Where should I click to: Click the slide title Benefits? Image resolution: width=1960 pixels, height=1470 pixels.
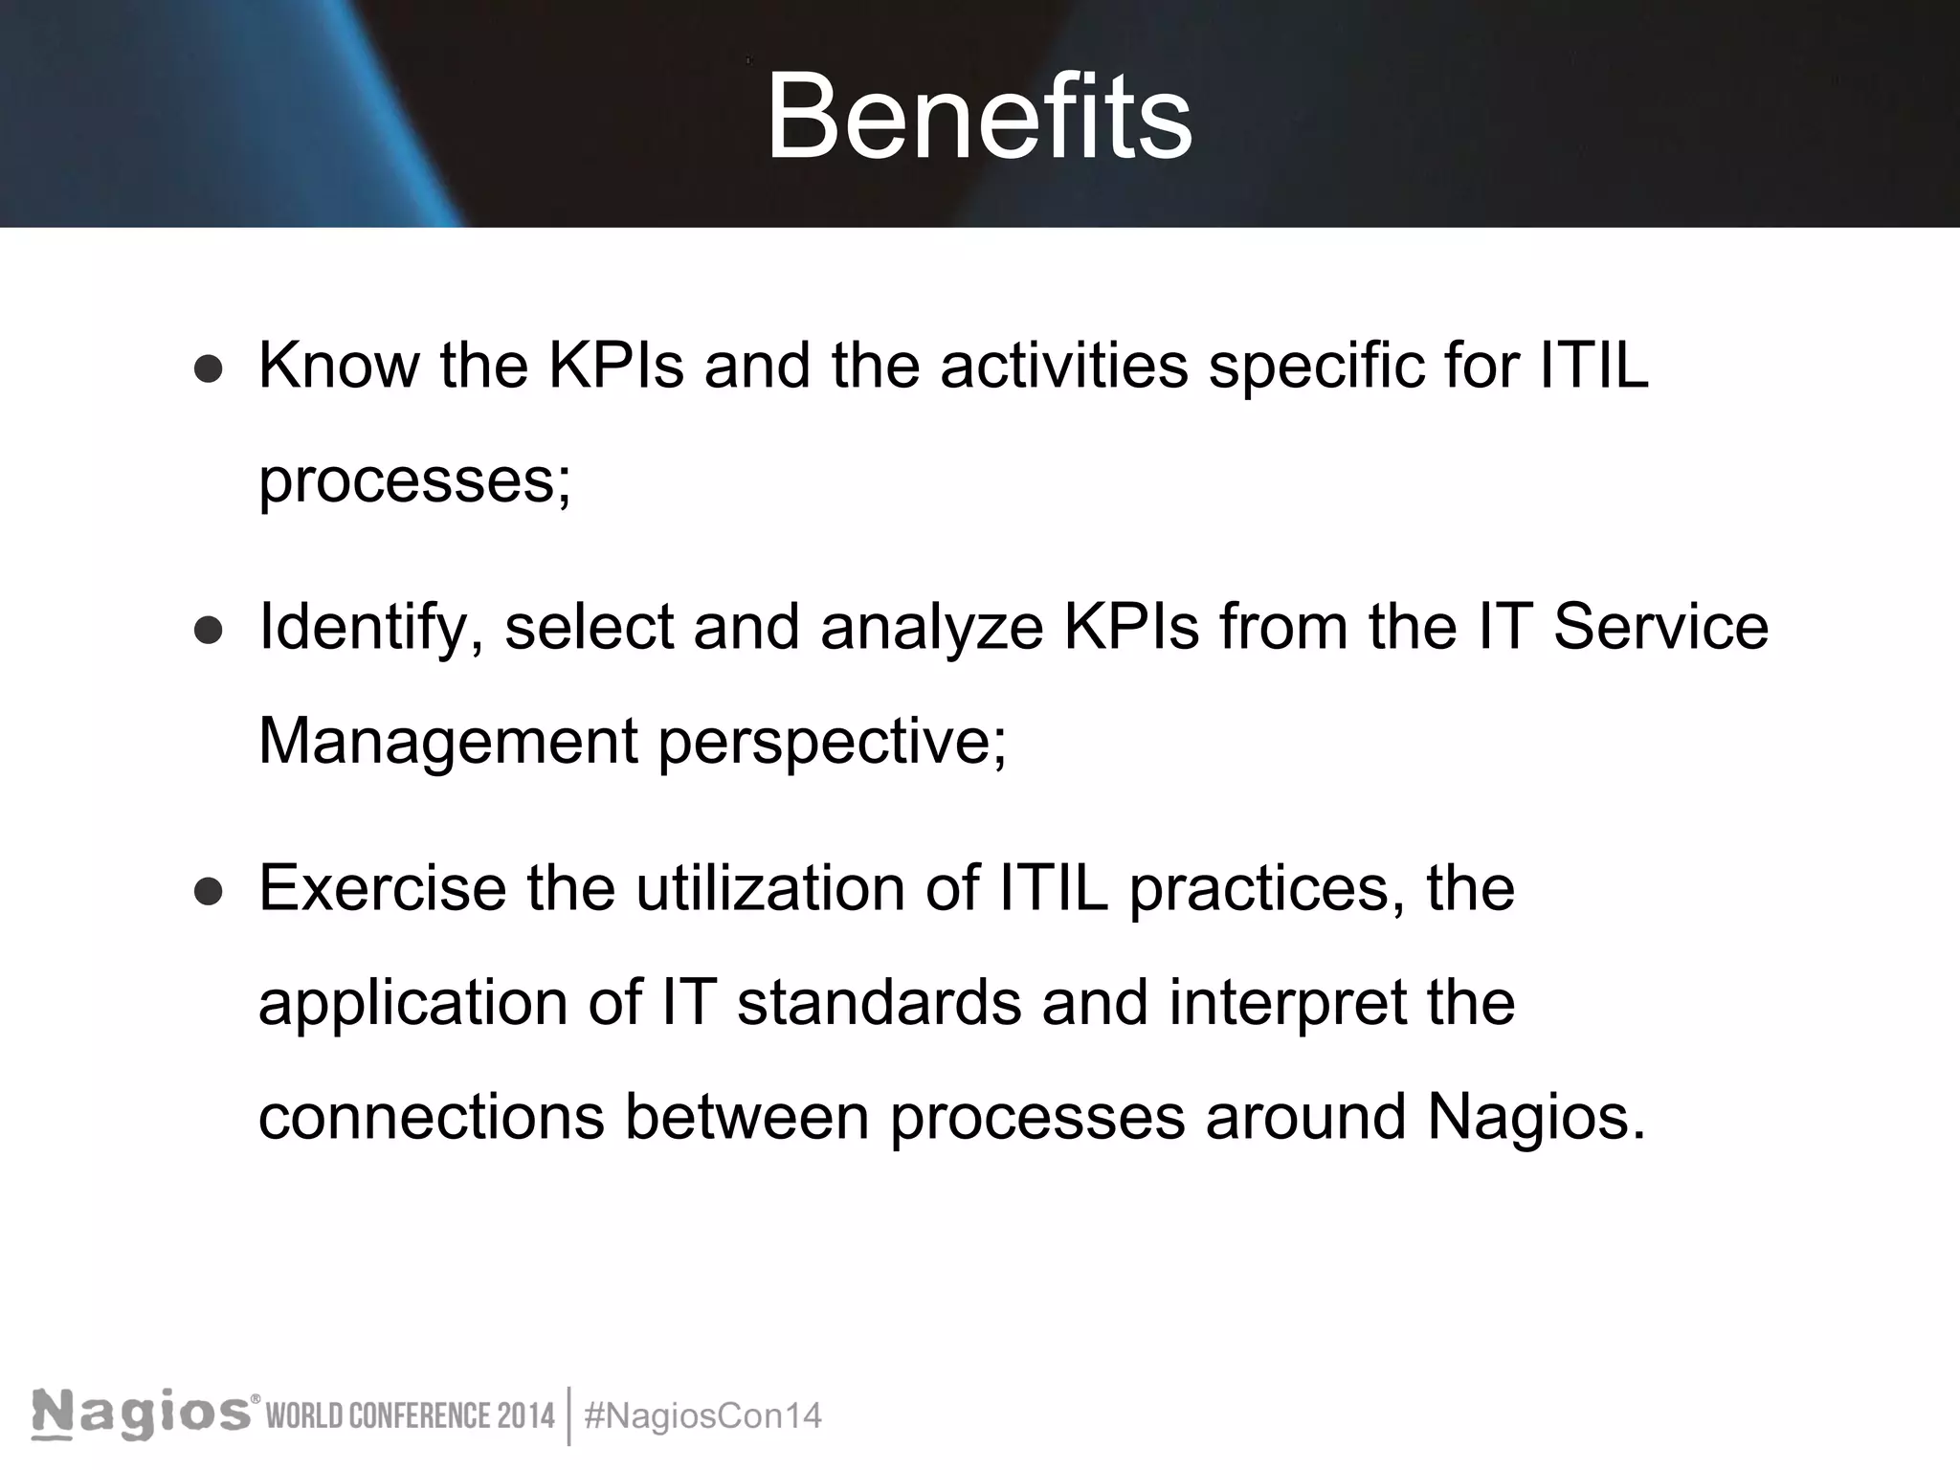[979, 117]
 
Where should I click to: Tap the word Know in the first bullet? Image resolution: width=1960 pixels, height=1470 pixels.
[339, 366]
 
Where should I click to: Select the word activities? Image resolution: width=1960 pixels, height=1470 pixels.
[1063, 366]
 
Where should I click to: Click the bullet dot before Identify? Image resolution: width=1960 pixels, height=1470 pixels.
[208, 631]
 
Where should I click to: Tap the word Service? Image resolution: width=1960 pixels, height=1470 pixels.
[1660, 628]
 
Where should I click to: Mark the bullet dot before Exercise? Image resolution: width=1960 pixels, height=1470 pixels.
[208, 892]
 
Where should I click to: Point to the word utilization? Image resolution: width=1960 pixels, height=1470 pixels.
[769, 889]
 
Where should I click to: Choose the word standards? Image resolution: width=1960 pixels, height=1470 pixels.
[879, 1004]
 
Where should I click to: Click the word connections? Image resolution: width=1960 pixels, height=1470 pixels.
[432, 1118]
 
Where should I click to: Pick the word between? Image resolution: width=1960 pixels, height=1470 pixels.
[746, 1118]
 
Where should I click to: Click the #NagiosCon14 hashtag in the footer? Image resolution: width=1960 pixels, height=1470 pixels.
[702, 1416]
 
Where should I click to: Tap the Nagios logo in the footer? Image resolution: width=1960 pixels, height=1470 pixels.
[144, 1414]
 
